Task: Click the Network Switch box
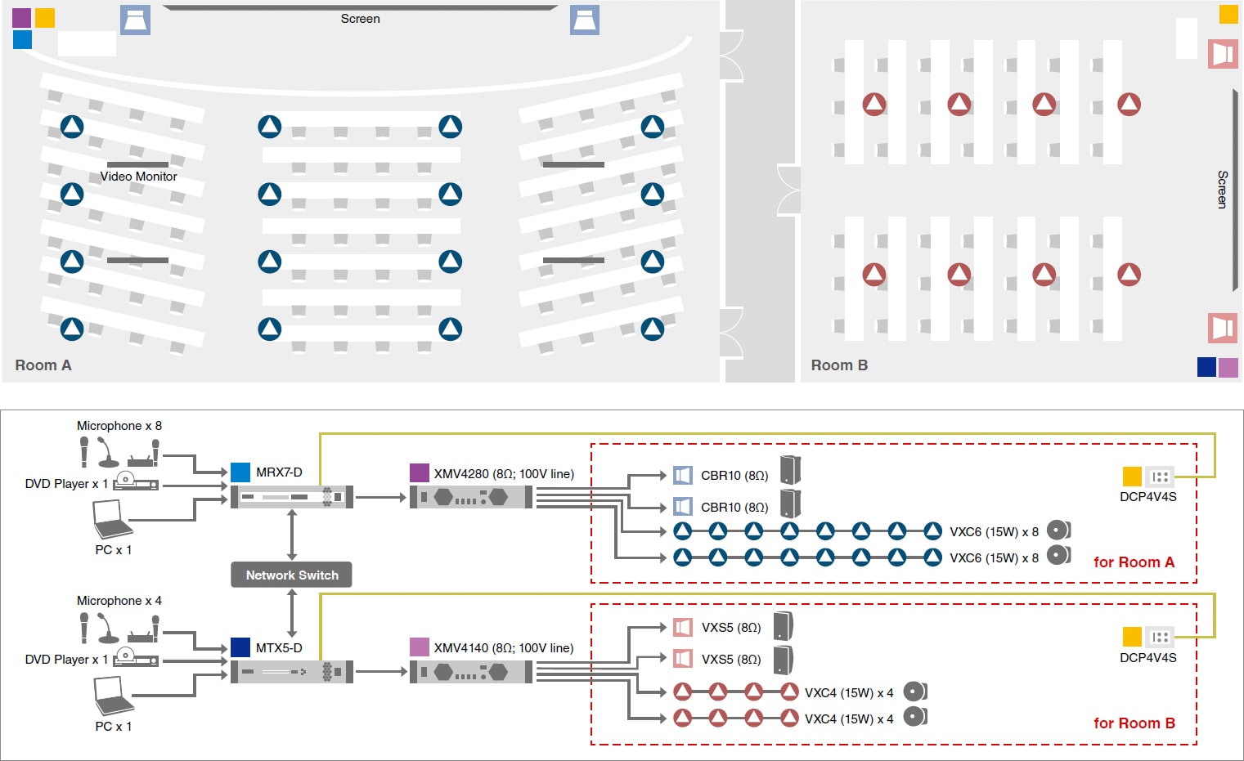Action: tap(292, 575)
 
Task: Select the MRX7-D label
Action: tap(279, 472)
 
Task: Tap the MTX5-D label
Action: tap(279, 648)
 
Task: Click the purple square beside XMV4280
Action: tap(419, 472)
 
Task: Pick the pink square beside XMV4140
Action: tap(419, 647)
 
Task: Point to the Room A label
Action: tap(43, 365)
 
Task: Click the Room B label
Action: tap(839, 365)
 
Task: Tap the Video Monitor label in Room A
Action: tap(138, 177)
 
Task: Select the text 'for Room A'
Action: tap(1134, 562)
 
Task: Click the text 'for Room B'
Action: tap(1134, 723)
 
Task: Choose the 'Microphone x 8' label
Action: tap(119, 426)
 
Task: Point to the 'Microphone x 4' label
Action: tap(119, 601)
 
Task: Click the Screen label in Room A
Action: tap(360, 19)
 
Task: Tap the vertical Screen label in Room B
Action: tap(1222, 190)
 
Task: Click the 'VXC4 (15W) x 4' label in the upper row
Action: tap(849, 693)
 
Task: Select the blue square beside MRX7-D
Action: tap(240, 472)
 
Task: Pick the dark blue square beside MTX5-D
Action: tap(240, 647)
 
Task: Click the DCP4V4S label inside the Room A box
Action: tap(1147, 497)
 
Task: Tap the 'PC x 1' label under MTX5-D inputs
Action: tap(113, 726)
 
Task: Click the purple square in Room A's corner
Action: tap(22, 18)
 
